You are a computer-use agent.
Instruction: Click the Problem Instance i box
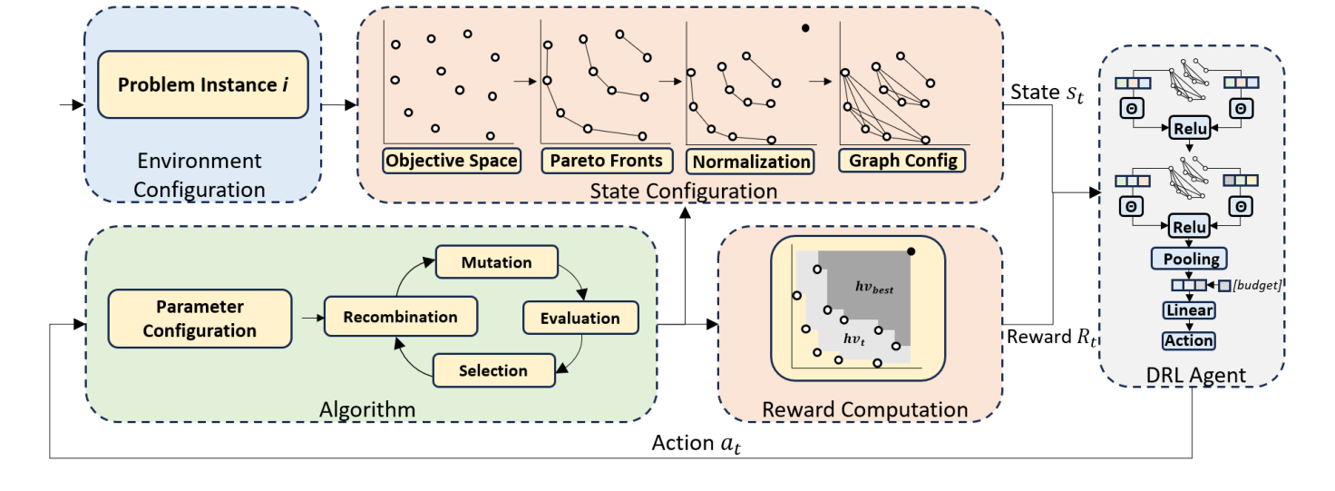click(x=202, y=85)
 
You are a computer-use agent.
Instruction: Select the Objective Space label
click(x=452, y=162)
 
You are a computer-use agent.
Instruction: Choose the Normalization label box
click(x=750, y=162)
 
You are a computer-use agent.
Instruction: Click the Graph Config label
click(x=902, y=162)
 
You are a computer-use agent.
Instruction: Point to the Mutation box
click(x=496, y=262)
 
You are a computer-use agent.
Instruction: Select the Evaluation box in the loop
click(x=580, y=318)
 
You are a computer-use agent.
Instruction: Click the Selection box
click(x=492, y=370)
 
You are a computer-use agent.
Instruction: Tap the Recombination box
click(x=399, y=317)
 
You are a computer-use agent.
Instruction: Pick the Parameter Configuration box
click(x=200, y=319)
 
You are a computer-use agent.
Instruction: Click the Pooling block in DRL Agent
click(x=1191, y=259)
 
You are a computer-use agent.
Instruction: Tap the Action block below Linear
click(x=1189, y=341)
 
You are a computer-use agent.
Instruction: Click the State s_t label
click(x=1046, y=93)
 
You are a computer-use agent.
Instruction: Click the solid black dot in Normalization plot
click(x=804, y=28)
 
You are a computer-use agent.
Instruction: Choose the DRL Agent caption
click(x=1191, y=374)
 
